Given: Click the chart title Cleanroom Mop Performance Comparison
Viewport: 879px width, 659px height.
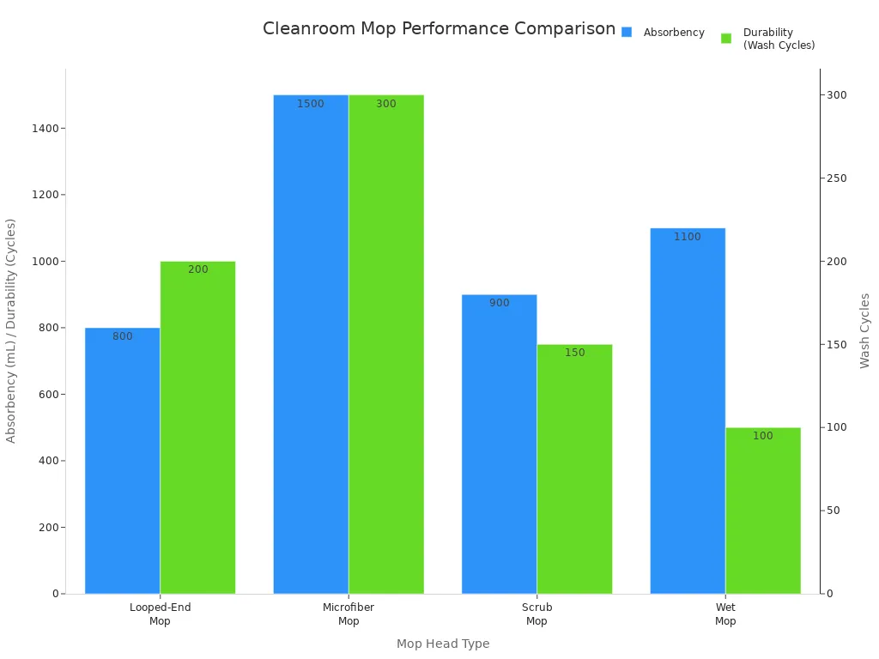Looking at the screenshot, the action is pyautogui.click(x=439, y=28).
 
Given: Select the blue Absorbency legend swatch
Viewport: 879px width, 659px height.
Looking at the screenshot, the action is pyautogui.click(x=627, y=33).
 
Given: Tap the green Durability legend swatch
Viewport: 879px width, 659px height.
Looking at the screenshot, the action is pyautogui.click(x=726, y=38).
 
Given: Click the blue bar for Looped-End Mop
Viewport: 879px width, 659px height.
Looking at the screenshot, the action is pyautogui.click(x=122, y=461).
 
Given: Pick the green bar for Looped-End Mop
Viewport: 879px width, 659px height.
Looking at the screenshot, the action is pyautogui.click(x=198, y=427).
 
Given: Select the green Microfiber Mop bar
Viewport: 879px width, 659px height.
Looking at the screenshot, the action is pyautogui.click(x=386, y=344).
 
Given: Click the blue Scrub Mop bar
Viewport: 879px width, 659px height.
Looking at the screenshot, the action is pyautogui.click(x=500, y=444).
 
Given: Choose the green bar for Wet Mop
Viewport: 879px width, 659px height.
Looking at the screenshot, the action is pyautogui.click(x=763, y=511).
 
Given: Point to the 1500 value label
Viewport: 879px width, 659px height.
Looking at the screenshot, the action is pyautogui.click(x=311, y=104).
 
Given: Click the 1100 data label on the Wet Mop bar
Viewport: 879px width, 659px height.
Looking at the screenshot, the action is pyautogui.click(x=688, y=237).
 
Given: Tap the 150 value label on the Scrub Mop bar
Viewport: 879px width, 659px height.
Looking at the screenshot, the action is pyautogui.click(x=574, y=353).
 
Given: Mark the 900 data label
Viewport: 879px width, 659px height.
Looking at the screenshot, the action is pyautogui.click(x=500, y=303).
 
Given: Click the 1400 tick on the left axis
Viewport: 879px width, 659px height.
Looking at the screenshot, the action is pyautogui.click(x=45, y=129).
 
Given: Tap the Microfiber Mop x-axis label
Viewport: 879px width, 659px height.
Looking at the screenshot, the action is pyautogui.click(x=349, y=614).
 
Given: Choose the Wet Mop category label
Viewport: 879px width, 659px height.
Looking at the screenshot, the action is pyautogui.click(x=725, y=614).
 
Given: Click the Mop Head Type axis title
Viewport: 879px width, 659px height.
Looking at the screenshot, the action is pyautogui.click(x=443, y=644).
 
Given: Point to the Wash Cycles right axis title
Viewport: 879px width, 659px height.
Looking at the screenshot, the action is pyautogui.click(x=864, y=330).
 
